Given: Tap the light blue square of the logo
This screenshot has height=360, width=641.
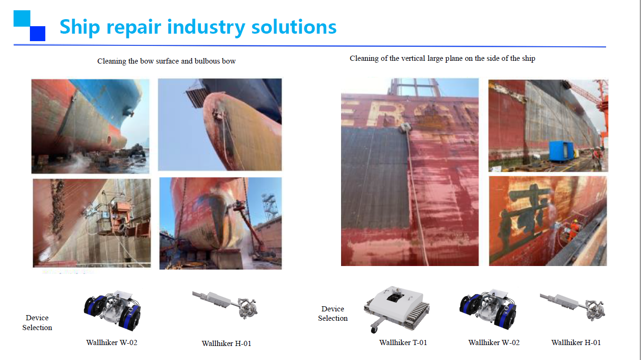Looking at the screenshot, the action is point(22,18).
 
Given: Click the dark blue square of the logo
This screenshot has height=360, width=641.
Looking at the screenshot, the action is point(37,34).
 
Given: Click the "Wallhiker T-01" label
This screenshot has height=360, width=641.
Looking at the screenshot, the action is point(403,343).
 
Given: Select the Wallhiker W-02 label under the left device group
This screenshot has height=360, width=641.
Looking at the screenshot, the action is point(112,343).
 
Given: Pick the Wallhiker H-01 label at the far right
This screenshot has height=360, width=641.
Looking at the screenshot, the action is point(576,343).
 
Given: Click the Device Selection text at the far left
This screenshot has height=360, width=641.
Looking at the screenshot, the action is point(37,323).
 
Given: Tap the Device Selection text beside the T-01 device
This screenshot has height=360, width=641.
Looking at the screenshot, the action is point(333,314).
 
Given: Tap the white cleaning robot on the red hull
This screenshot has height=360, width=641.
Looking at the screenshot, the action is point(405,127).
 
